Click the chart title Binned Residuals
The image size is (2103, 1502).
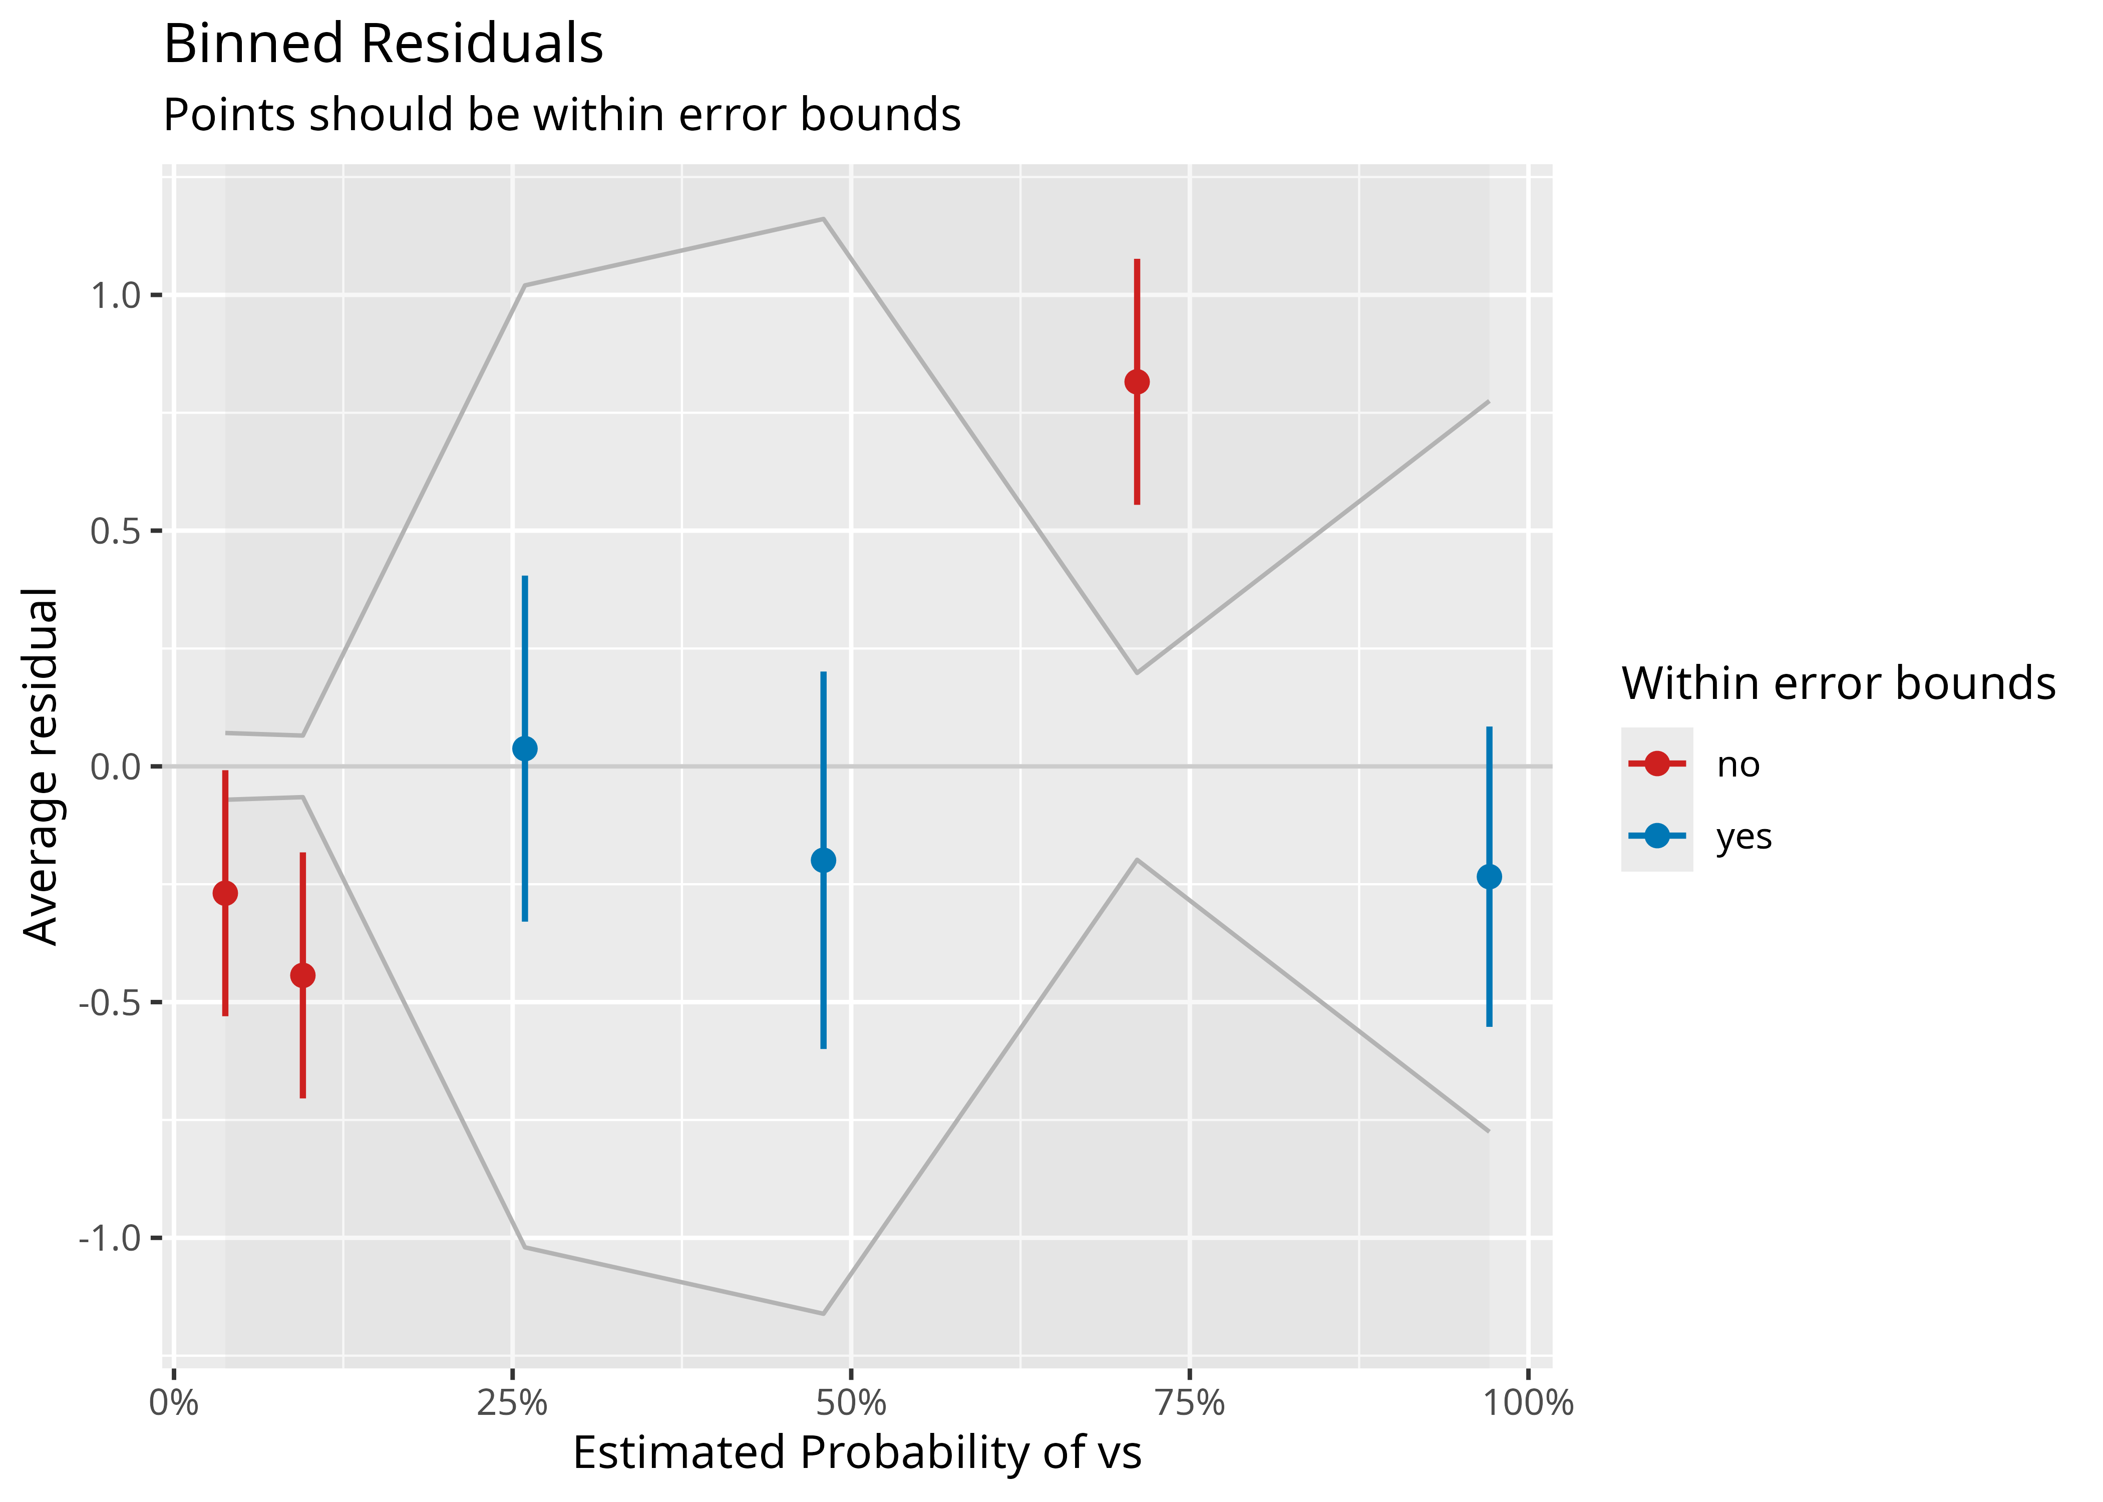[383, 45]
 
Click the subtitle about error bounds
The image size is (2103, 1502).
[561, 116]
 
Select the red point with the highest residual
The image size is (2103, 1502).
[1137, 382]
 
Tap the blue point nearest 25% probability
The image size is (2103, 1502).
[524, 748]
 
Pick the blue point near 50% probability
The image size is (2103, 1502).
[823, 860]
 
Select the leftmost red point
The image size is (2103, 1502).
[225, 893]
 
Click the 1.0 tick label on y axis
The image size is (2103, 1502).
[115, 296]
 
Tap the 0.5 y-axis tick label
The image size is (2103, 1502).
[115, 532]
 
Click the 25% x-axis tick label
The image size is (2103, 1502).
[512, 1404]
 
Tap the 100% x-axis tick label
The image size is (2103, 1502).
[1528, 1404]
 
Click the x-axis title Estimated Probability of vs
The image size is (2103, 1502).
[857, 1453]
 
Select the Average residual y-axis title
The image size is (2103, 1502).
[41, 766]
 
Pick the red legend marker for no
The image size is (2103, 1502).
[1657, 764]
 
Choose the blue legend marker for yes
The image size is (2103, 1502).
[1657, 836]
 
